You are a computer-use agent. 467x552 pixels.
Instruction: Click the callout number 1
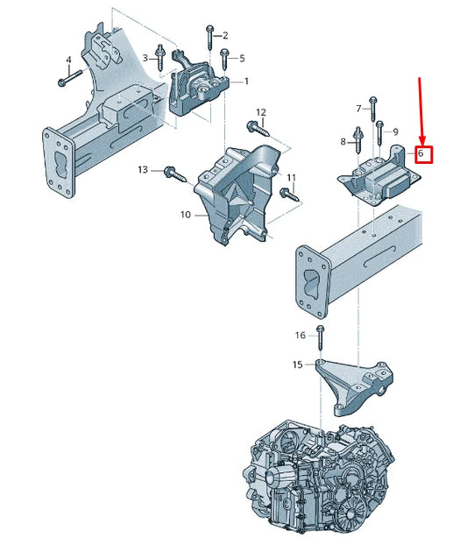point(246,81)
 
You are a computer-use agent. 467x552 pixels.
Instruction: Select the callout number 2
point(225,35)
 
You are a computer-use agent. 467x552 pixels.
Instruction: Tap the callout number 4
point(67,60)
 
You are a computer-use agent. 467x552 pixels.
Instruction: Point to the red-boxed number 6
point(421,154)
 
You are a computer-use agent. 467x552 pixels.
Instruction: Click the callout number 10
point(185,214)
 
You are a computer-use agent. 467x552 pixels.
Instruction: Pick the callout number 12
point(260,112)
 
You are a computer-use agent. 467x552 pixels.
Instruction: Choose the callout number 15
point(298,364)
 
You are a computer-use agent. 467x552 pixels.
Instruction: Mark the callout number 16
point(301,335)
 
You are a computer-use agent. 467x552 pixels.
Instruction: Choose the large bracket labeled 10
point(232,193)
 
